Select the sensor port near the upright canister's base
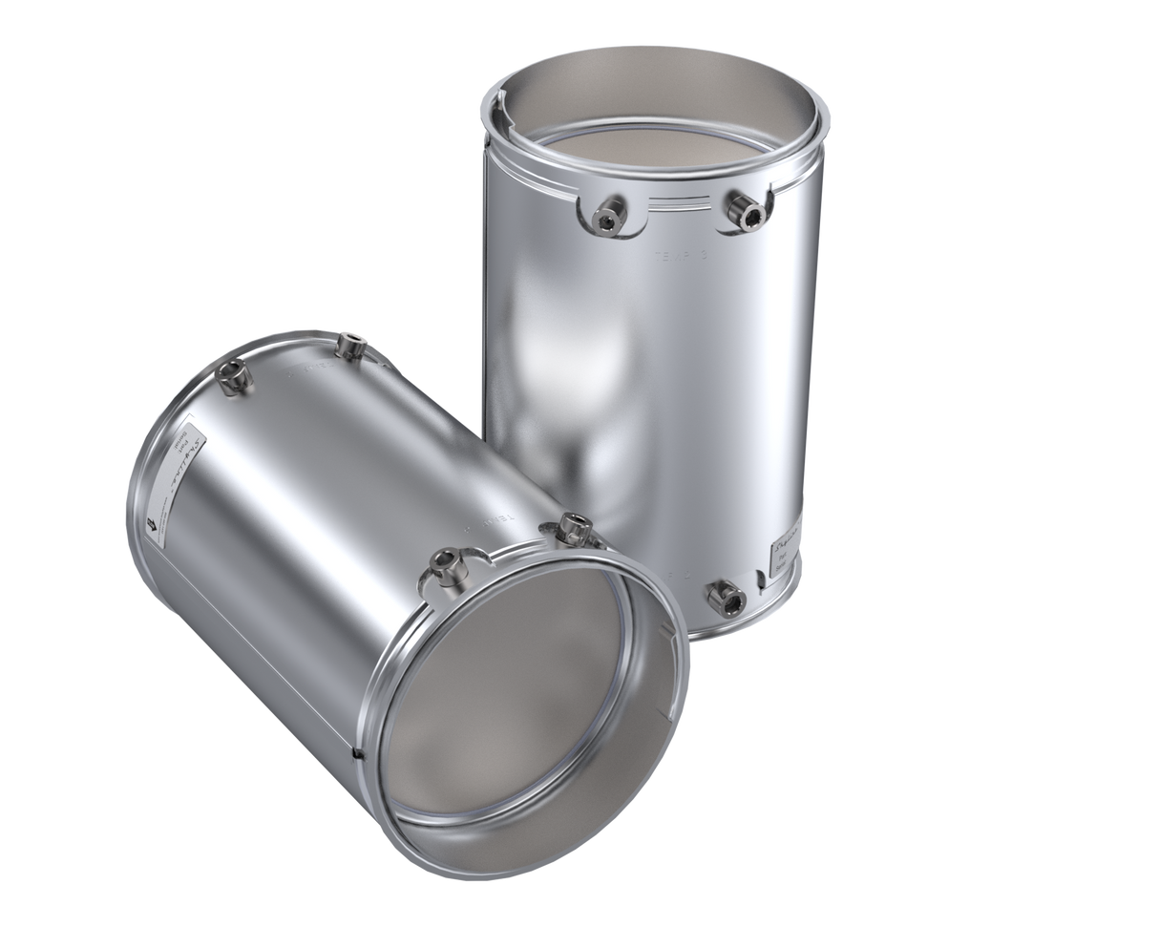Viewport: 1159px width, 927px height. [724, 598]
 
